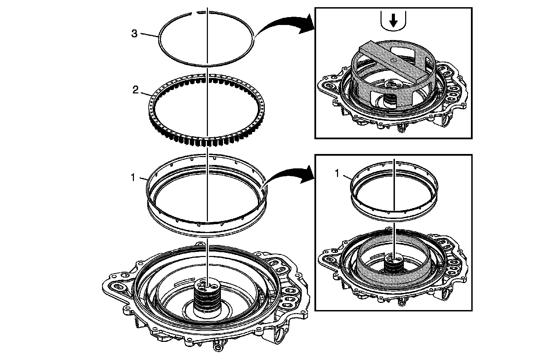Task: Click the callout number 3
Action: tap(135, 34)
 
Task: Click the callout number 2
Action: tap(135, 90)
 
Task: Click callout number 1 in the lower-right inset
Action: tap(337, 174)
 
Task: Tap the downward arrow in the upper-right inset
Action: tap(394, 22)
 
